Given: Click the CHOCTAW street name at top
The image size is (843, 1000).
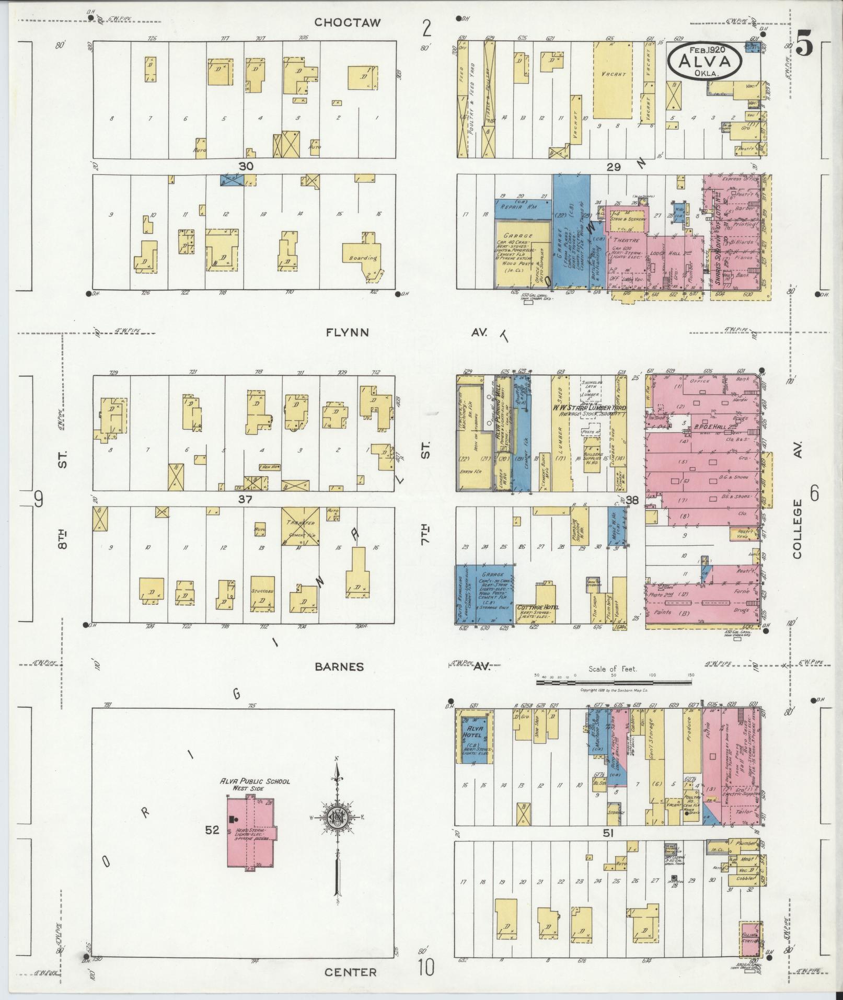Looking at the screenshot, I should point(347,22).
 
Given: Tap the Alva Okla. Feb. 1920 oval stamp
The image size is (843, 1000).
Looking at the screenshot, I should point(705,61).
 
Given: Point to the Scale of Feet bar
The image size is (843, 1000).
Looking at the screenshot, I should point(614,682).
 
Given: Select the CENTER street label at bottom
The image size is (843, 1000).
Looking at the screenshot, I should point(350,972).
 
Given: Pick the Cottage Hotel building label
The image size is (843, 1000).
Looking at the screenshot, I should point(537,607).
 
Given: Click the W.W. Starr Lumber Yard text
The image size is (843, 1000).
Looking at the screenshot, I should point(590,407).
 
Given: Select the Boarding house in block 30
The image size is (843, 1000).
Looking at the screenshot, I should point(363,257).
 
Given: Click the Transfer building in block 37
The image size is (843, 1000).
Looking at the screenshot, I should point(300,527).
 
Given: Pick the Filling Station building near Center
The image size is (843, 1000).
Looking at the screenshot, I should point(750,936).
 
